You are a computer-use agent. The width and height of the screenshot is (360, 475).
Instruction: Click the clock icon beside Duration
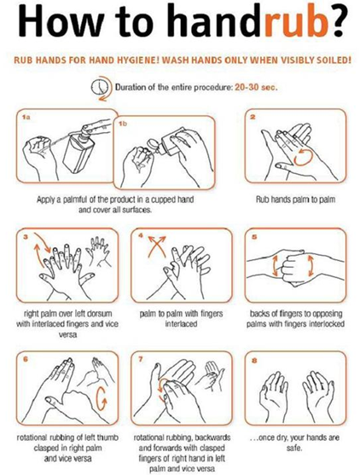click(x=100, y=86)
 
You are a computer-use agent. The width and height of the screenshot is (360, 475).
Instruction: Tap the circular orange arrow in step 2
click(x=303, y=159)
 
